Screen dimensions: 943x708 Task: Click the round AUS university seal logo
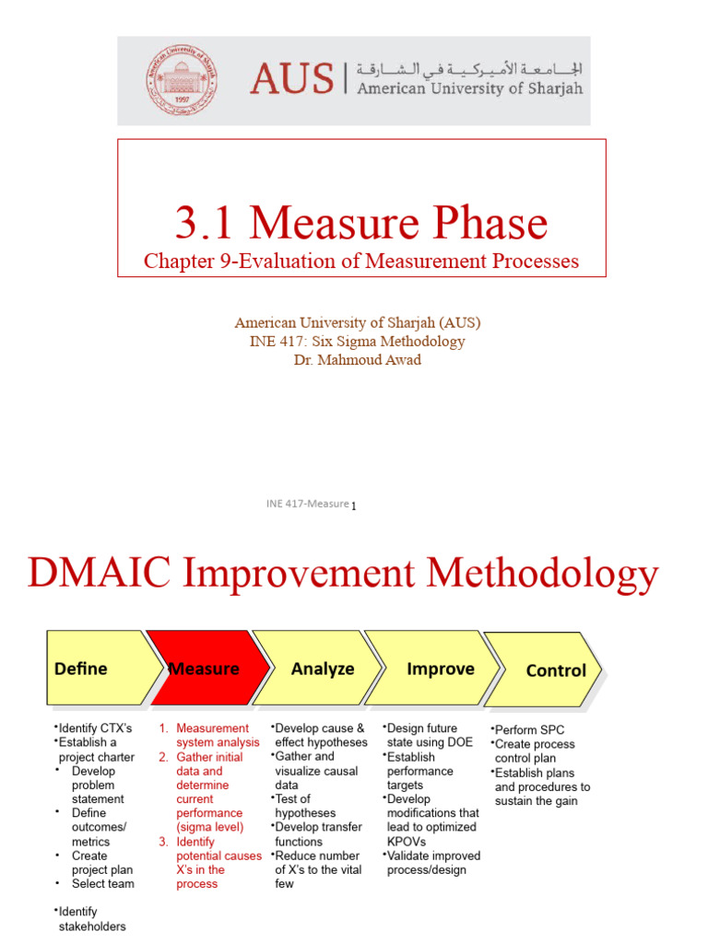click(x=180, y=81)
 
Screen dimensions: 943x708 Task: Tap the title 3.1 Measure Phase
click(x=361, y=223)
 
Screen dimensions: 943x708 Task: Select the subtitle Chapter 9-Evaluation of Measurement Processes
click(x=361, y=262)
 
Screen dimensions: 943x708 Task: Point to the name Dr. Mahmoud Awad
click(x=357, y=360)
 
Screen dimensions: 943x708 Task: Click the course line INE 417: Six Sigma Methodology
click(x=357, y=342)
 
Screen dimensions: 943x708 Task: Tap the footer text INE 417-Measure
click(x=307, y=504)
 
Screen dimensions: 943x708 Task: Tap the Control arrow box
click(x=549, y=670)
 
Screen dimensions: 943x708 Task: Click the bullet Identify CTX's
click(x=94, y=728)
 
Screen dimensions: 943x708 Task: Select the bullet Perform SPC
click(x=529, y=729)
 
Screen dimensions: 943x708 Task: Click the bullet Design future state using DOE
click(x=431, y=735)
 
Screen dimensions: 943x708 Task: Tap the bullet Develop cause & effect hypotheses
click(x=321, y=735)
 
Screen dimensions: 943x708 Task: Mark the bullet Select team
click(x=102, y=884)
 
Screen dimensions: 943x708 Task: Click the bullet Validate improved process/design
click(x=433, y=863)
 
